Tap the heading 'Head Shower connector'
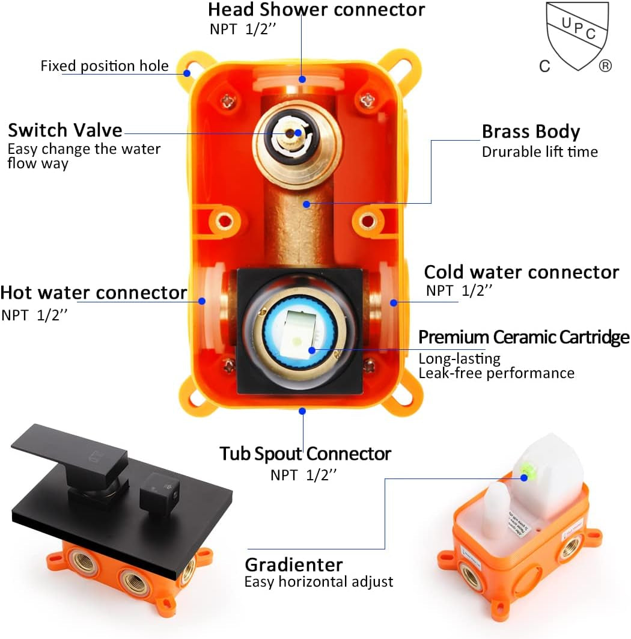(x=316, y=10)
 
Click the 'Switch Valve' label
(x=65, y=130)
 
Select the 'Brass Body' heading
(x=531, y=132)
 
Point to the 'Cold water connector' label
(x=521, y=272)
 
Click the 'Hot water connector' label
(x=94, y=293)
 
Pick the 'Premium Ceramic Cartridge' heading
(x=523, y=337)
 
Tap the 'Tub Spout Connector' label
(x=305, y=453)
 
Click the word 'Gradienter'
(x=293, y=564)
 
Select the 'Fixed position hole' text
(x=105, y=66)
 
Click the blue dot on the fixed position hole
(x=187, y=73)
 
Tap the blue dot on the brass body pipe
(x=306, y=204)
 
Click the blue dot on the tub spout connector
(x=302, y=411)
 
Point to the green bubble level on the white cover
(x=524, y=477)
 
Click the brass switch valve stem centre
(x=295, y=134)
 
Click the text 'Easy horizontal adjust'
(x=319, y=582)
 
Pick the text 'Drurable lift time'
(x=540, y=152)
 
